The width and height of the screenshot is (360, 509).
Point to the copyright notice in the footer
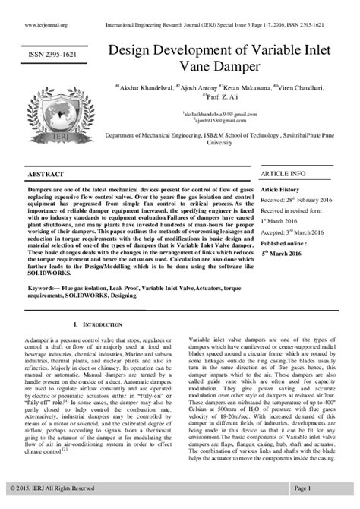coord(52,487)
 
